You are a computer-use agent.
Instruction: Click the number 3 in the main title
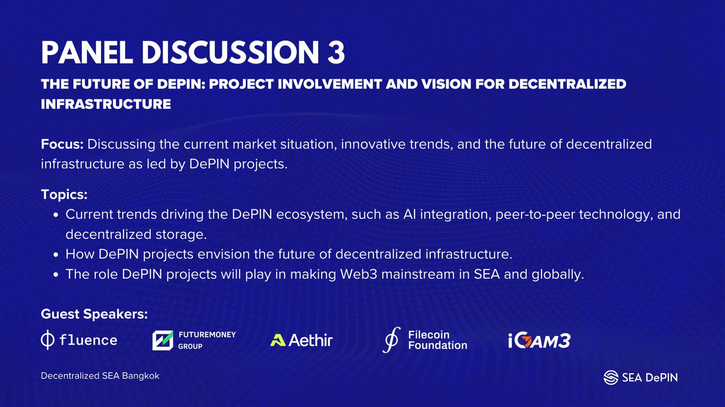pos(336,53)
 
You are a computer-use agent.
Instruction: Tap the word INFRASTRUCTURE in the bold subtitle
pos(106,104)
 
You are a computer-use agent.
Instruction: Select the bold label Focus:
pos(62,144)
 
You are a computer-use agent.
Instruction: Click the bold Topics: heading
pos(64,194)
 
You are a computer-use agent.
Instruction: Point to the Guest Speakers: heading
pos(94,314)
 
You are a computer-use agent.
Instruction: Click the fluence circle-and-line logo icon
pos(48,340)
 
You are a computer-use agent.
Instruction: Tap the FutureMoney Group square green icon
pos(163,341)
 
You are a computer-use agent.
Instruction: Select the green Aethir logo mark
pos(278,340)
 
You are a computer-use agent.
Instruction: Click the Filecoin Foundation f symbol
pos(391,339)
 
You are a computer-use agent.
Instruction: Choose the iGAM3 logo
pos(539,341)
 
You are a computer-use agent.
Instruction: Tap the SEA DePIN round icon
pos(611,378)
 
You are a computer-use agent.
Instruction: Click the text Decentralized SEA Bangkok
pos(100,376)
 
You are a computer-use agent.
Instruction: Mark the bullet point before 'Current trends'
pos(56,215)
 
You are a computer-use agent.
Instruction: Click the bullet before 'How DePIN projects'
pos(56,255)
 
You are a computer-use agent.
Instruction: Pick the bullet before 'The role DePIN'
pos(56,275)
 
